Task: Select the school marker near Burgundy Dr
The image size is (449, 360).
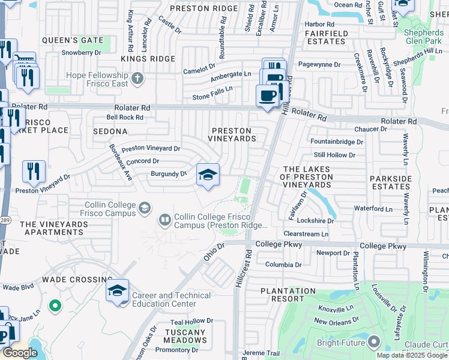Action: click(208, 175)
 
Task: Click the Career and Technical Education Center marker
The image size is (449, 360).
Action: click(117, 292)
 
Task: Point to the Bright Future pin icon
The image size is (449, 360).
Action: click(375, 342)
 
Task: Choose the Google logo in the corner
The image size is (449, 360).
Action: click(19, 353)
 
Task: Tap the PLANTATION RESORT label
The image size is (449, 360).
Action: click(288, 295)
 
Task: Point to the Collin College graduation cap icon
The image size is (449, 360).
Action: click(144, 208)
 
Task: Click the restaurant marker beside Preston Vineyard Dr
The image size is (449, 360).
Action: click(34, 172)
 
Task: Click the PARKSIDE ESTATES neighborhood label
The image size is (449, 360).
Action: click(390, 182)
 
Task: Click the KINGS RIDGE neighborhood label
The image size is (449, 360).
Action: click(148, 59)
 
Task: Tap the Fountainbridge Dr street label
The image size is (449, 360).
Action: click(337, 142)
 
